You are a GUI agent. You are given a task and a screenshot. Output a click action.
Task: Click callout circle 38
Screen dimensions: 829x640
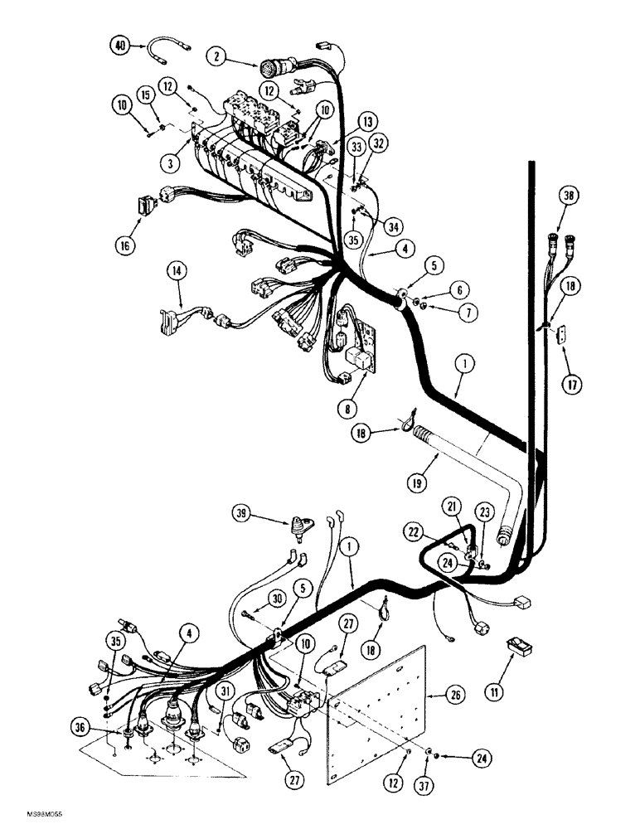[569, 198]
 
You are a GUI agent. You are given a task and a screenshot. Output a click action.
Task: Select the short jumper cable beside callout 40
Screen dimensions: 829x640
[166, 51]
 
